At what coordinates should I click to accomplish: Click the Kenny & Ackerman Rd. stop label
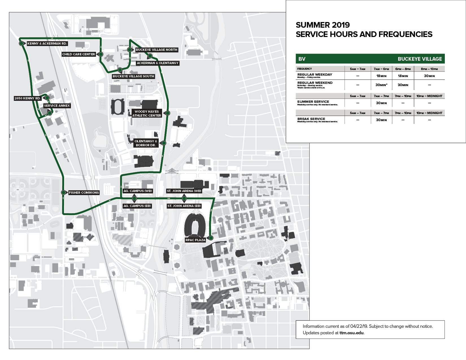tap(47, 43)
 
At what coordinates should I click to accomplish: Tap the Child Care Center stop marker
tap(101, 54)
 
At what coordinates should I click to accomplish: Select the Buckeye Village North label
tap(156, 50)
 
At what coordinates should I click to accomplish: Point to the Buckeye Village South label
tap(133, 76)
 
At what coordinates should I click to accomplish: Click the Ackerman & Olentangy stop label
tap(158, 63)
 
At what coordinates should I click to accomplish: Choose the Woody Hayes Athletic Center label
tap(147, 114)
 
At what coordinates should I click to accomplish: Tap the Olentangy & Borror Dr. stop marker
tap(164, 143)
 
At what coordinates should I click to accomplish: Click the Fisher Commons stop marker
tap(64, 193)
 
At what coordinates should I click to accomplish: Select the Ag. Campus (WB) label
tap(138, 191)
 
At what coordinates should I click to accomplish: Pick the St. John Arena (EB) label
tap(184, 206)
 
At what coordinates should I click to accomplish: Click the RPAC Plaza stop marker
tap(211, 238)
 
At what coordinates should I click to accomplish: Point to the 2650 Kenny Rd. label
tap(27, 98)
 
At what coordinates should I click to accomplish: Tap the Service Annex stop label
tap(57, 106)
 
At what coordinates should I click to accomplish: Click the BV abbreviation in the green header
tap(302, 59)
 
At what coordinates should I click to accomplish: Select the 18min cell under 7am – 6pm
tap(381, 76)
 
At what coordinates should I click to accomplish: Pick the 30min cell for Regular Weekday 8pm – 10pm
tap(429, 76)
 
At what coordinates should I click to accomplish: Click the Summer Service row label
tap(313, 102)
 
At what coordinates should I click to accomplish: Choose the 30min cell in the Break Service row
tap(381, 120)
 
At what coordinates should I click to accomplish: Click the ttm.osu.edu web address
tap(351, 333)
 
